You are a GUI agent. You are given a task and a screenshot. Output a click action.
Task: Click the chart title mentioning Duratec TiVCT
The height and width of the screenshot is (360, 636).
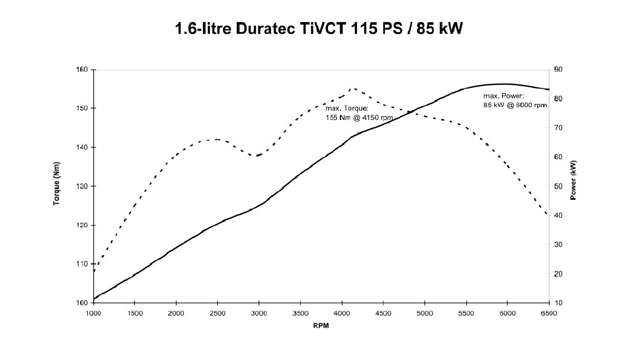(319, 29)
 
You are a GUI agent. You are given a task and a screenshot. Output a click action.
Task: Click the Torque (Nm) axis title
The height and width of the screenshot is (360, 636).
(56, 186)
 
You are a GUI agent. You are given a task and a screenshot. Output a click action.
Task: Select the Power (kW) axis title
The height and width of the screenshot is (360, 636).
(573, 180)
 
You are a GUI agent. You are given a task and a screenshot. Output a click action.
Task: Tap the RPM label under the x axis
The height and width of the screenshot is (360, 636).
(321, 326)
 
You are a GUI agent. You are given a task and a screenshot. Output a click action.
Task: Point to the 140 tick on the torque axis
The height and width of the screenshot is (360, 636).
(84, 147)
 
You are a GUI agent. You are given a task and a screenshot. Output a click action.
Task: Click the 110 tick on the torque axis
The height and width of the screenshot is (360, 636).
(84, 264)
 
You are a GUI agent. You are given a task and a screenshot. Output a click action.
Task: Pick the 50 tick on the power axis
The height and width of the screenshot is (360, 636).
(558, 186)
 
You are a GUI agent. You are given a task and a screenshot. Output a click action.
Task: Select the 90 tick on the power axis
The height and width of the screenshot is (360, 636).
(558, 70)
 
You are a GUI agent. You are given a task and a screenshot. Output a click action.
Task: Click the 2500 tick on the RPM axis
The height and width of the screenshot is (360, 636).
(217, 313)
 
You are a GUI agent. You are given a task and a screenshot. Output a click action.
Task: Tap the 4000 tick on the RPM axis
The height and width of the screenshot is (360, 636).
(342, 313)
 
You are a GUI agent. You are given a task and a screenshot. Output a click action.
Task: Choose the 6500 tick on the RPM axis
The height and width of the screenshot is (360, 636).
(549, 313)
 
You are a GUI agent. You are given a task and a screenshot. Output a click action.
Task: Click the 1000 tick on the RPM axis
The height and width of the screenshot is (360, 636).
(94, 313)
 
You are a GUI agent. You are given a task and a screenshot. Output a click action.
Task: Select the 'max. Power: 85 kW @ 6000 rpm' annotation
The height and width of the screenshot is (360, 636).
(515, 101)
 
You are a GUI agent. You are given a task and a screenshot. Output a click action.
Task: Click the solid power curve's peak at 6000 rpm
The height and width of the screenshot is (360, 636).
(507, 84)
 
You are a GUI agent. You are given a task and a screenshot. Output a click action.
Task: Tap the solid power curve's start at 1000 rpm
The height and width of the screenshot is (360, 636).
(94, 299)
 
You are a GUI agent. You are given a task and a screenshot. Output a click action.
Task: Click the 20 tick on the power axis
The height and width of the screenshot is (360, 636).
(558, 274)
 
